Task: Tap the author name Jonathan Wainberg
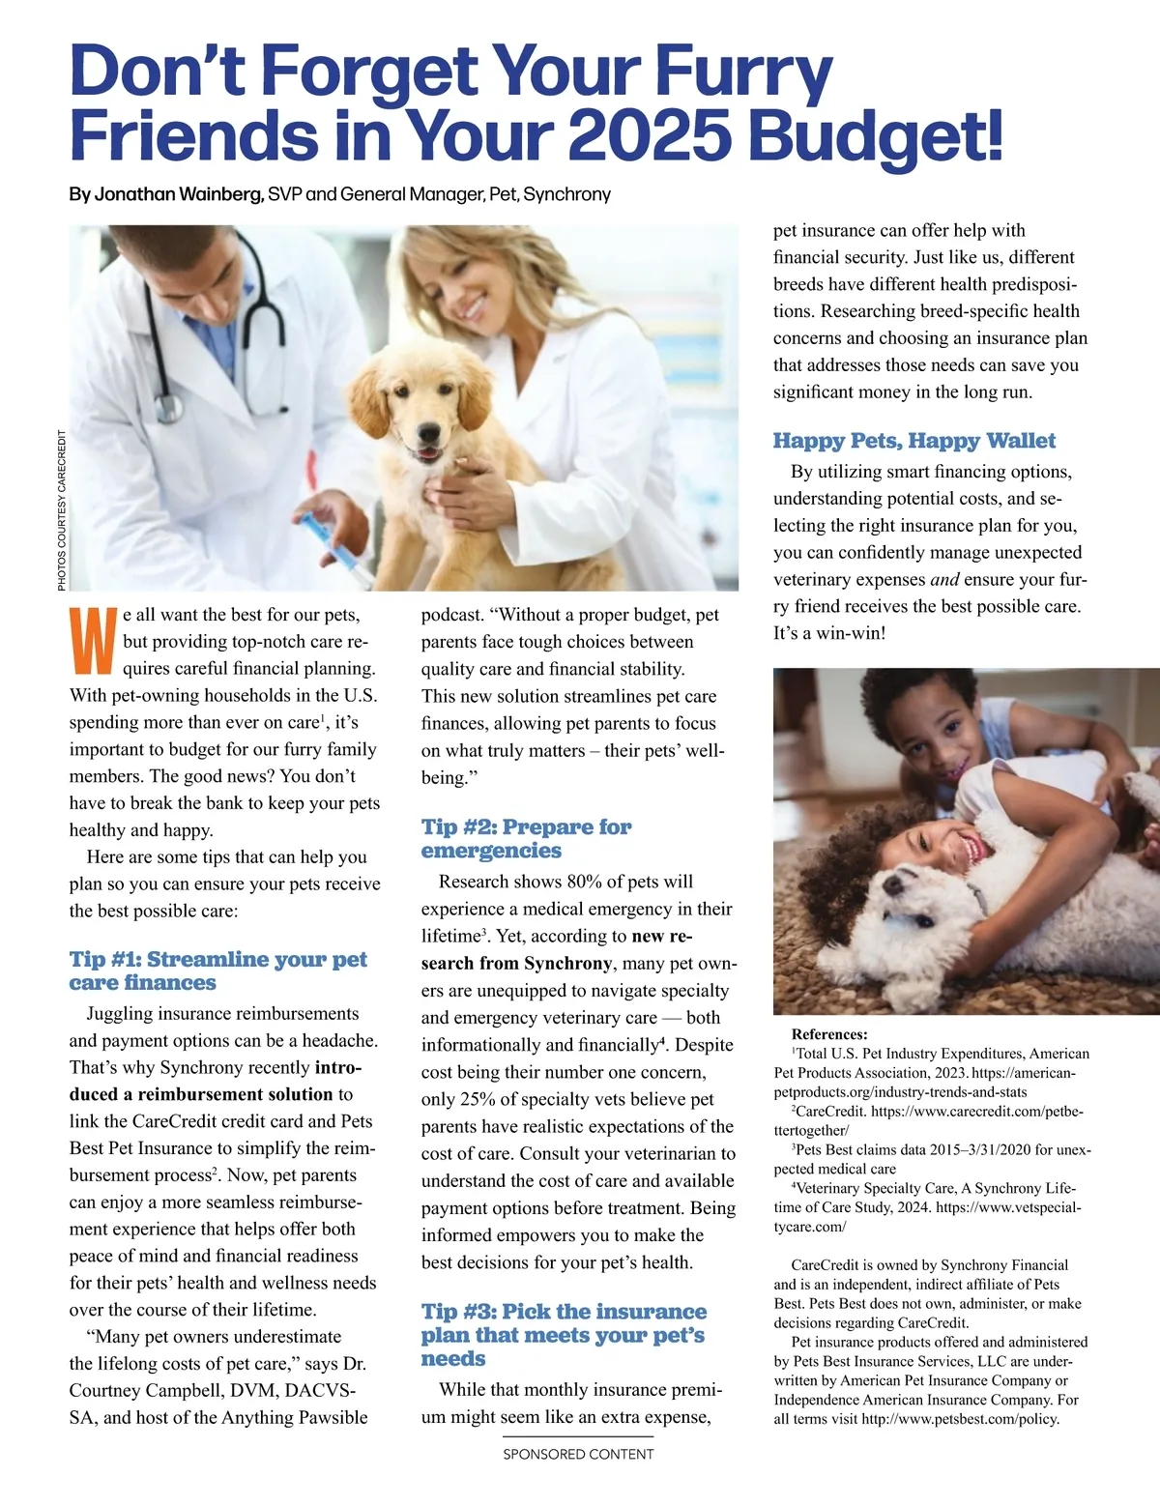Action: click(x=178, y=194)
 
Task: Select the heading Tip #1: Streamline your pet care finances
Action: click(x=217, y=970)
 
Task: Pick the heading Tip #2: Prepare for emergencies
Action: click(x=526, y=838)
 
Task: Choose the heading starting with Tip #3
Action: click(x=564, y=1334)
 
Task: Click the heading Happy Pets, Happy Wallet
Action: click(x=913, y=441)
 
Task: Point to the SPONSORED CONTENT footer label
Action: click(x=578, y=1454)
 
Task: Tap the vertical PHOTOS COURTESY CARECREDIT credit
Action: click(x=62, y=509)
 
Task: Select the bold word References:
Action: click(x=829, y=1034)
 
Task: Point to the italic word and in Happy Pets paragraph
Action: click(x=944, y=579)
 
